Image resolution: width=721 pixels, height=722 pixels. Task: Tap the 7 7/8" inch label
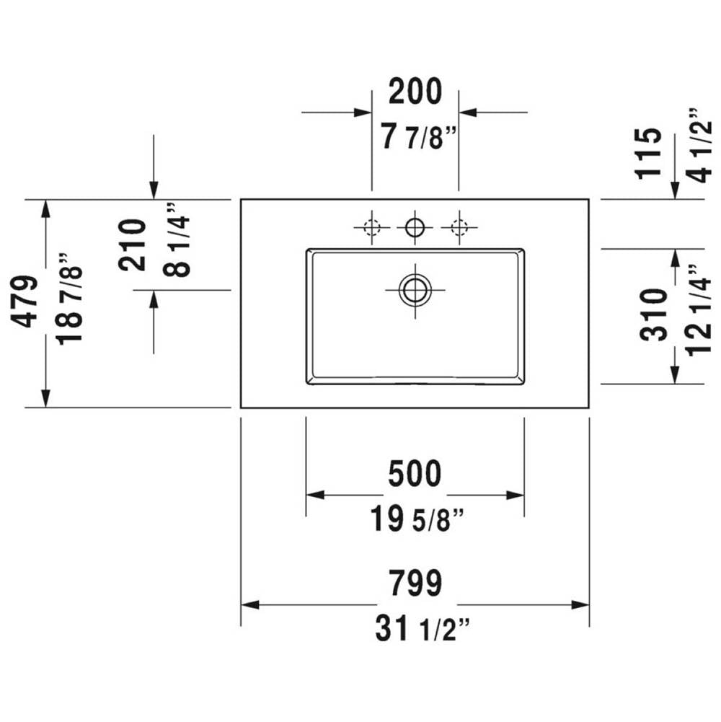[x=419, y=137]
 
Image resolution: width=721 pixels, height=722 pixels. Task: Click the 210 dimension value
[x=132, y=245]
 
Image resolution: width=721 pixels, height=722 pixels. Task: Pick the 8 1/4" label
[x=177, y=239]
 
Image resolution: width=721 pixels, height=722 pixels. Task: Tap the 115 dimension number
[x=648, y=154]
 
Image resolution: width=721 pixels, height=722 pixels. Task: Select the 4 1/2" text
[x=699, y=146]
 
